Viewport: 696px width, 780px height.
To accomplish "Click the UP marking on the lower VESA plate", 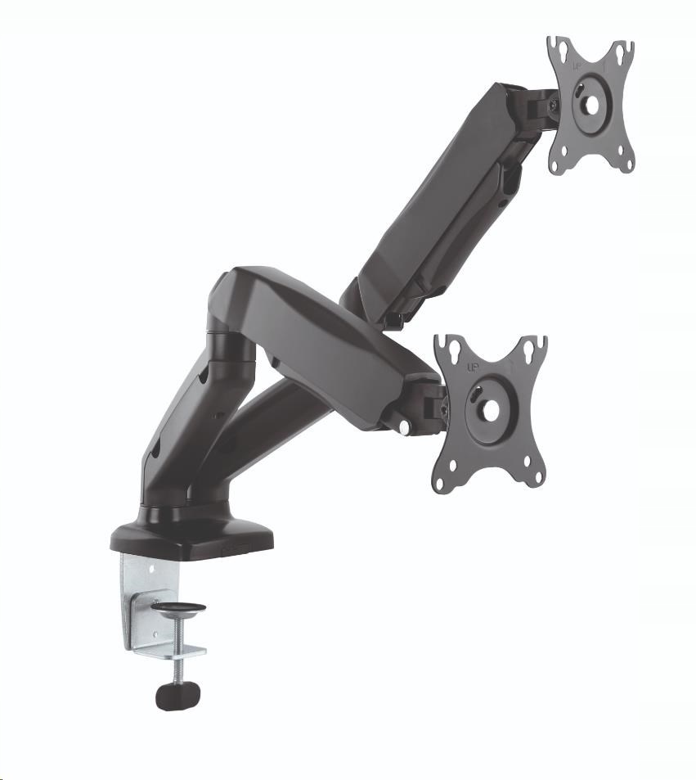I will pos(473,367).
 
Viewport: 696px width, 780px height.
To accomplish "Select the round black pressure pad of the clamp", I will pos(179,610).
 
